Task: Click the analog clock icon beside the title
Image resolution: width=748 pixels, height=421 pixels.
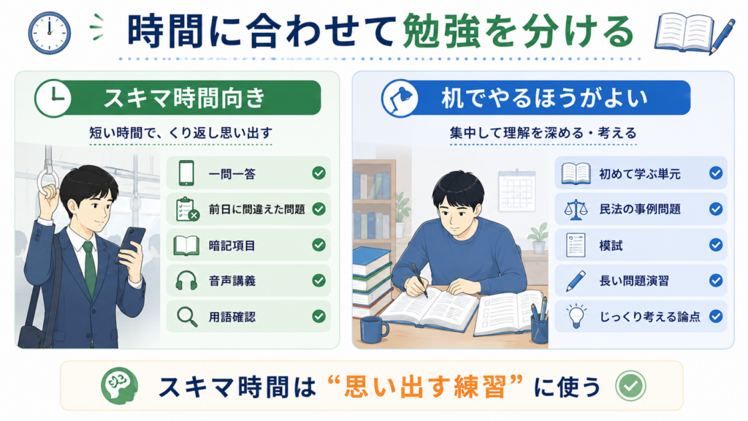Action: coord(49,32)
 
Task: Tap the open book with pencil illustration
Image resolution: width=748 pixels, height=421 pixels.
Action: coord(695,34)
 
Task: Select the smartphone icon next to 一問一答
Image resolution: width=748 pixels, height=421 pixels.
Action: coord(186,172)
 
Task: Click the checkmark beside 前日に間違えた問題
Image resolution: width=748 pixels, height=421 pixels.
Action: coord(318,209)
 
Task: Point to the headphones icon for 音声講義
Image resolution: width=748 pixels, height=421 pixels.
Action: coord(186,281)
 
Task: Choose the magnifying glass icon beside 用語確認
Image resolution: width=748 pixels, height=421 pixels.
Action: coord(187,316)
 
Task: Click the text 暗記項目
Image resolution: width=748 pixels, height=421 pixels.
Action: coord(232,246)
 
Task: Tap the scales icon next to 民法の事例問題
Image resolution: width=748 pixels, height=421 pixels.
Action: coord(576,209)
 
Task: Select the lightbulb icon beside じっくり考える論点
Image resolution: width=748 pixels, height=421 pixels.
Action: coord(576,316)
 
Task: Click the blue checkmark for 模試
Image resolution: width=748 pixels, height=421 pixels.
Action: coord(716,245)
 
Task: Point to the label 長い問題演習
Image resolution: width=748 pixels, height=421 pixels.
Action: coord(634,281)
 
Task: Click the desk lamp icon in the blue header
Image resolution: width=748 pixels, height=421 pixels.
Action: coord(400,99)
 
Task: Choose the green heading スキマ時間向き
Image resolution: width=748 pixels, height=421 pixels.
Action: coord(184,98)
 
